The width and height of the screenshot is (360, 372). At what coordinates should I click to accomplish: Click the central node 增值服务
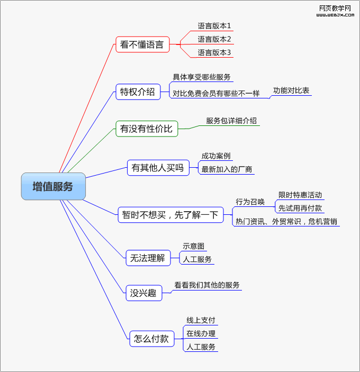pos(53,186)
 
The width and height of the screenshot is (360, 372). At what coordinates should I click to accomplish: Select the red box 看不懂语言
pos(142,44)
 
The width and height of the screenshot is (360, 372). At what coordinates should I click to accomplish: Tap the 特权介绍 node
pos(138,92)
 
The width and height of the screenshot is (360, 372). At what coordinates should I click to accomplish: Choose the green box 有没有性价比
pos(147,128)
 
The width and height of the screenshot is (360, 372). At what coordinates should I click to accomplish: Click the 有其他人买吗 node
pos(158,168)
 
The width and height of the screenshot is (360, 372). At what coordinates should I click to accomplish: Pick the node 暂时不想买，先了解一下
pos(170,214)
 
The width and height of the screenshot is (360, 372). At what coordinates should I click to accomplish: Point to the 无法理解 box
pos(148,258)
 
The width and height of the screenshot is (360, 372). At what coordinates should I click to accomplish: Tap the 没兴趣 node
pos(144,293)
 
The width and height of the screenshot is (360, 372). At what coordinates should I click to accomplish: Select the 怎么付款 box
pos(152,339)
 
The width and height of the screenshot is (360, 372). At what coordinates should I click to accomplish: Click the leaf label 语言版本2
pos(214,39)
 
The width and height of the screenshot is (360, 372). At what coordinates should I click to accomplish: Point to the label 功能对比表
pos(291,90)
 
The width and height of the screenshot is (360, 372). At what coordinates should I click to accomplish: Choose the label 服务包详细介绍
pos(231,121)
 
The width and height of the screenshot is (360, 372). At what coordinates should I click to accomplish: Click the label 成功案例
pos(216,156)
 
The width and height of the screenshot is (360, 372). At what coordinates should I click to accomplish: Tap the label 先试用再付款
pos(300,208)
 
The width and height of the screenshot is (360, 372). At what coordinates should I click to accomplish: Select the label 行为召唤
pos(250,202)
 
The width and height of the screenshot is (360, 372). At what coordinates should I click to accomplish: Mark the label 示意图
pos(194,246)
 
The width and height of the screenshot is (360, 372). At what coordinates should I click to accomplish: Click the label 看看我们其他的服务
pos(207,285)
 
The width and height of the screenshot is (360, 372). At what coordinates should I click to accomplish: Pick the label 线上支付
pos(201,320)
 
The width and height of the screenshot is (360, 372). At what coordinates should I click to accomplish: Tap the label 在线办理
pos(201,333)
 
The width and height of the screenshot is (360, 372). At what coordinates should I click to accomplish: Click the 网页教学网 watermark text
pos(335,8)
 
